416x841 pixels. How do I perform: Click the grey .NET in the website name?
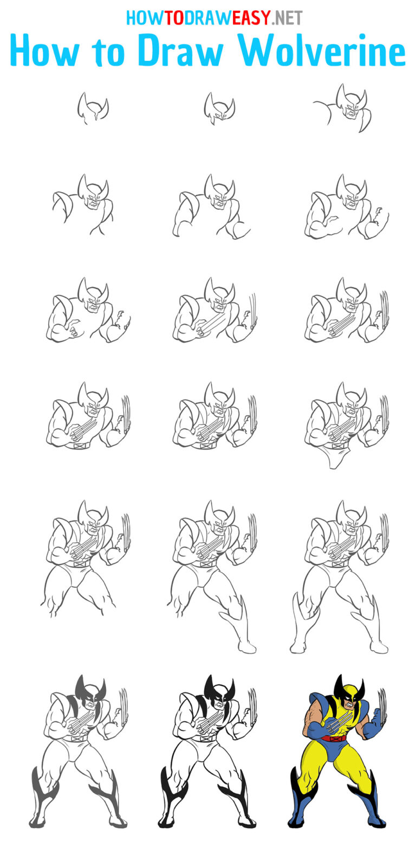tap(288, 18)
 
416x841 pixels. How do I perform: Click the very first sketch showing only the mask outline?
tap(92, 108)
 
